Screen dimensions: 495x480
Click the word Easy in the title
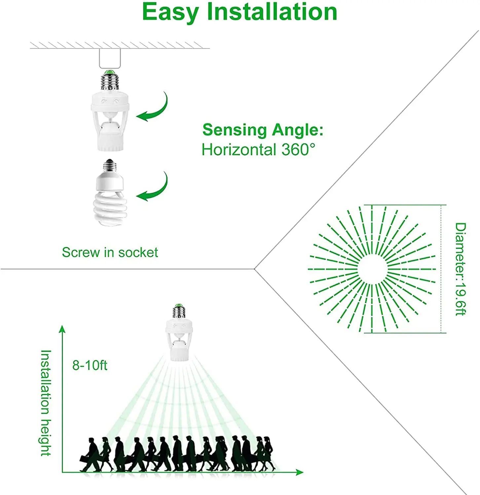[x=170, y=13]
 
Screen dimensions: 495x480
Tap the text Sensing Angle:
[x=263, y=130]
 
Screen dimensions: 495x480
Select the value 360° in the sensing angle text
[x=298, y=149]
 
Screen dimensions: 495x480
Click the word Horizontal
[x=239, y=149]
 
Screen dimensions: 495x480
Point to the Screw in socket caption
[x=110, y=252]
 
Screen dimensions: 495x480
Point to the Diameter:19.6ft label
[x=460, y=269]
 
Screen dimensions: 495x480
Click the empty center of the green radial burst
[x=372, y=269]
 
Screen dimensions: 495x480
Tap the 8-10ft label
[x=90, y=365]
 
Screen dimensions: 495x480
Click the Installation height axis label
[x=46, y=403]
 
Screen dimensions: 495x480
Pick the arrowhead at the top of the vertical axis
[x=62, y=329]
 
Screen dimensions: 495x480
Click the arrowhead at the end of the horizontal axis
[x=299, y=472]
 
